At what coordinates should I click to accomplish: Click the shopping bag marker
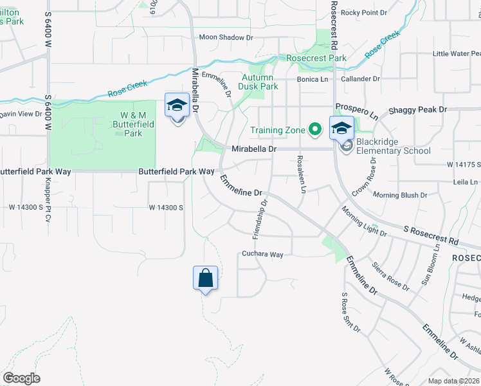tap(205, 279)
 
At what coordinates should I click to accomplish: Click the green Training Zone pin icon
tap(314, 130)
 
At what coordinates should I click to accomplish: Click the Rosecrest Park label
tap(316, 59)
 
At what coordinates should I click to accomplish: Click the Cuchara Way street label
tap(263, 255)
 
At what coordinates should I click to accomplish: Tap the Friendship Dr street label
tap(260, 219)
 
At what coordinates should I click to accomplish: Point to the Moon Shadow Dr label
tap(226, 38)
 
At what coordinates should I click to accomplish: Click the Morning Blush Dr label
tap(400, 195)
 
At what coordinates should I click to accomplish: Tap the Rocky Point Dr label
tap(364, 12)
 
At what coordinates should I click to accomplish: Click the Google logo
tap(21, 378)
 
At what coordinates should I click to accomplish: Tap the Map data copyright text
tap(453, 381)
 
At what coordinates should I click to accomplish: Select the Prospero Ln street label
tap(356, 111)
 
